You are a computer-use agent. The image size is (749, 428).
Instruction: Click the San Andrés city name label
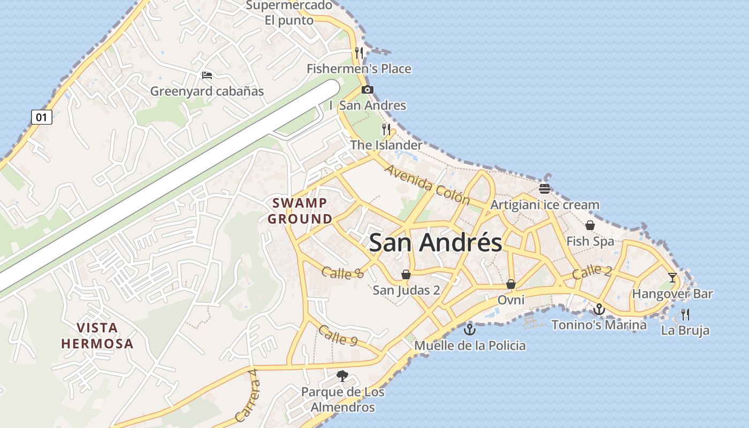[x=435, y=242]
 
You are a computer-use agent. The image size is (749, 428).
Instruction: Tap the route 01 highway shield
[x=42, y=117]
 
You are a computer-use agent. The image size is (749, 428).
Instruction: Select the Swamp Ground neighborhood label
[x=300, y=211]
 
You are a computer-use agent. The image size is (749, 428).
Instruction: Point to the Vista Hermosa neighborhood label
[x=97, y=335]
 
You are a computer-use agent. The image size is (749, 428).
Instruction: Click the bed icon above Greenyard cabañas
[x=207, y=75]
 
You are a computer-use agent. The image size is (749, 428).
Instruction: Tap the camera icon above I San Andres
[x=368, y=89]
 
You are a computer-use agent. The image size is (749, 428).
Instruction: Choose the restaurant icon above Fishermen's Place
[x=359, y=52]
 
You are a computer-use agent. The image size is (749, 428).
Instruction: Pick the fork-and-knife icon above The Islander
[x=386, y=129]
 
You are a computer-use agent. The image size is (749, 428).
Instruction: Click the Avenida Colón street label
[x=427, y=185]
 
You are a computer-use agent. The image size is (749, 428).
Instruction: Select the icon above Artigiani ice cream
[x=545, y=188]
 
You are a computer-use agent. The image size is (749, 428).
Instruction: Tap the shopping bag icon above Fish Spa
[x=590, y=225]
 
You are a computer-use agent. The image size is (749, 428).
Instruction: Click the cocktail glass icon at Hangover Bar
[x=672, y=277]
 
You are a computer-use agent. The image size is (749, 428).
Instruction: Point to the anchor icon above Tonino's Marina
[x=599, y=309]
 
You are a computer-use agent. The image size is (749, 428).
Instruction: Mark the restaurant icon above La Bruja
[x=685, y=314]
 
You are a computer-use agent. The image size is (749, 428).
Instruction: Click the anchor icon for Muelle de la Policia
[x=469, y=329]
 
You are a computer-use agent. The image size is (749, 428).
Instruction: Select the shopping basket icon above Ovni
[x=511, y=284]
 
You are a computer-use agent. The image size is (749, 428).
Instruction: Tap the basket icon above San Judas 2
[x=406, y=274]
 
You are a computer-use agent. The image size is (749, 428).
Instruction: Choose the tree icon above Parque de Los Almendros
[x=342, y=376]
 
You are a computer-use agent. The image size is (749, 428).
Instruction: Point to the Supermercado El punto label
[x=289, y=13]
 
